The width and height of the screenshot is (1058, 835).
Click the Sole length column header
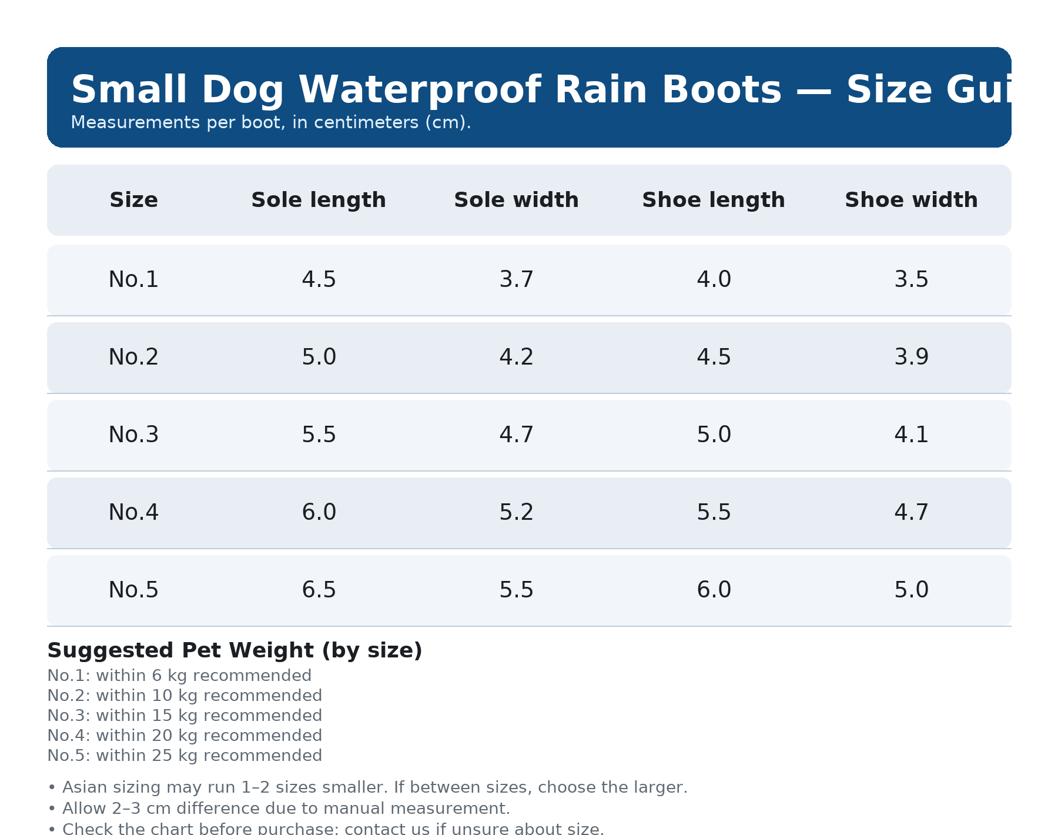[x=319, y=201]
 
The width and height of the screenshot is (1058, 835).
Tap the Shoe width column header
[x=911, y=201]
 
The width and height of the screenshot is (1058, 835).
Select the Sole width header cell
[x=516, y=201]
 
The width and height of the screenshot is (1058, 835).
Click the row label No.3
[x=133, y=435]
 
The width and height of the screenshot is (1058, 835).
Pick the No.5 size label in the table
[x=133, y=590]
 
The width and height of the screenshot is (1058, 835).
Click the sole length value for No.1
[x=319, y=280]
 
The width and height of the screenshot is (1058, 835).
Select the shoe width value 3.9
[x=911, y=358]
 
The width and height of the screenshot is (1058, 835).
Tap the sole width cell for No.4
[x=516, y=513]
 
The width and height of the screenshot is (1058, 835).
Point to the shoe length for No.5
[x=714, y=590]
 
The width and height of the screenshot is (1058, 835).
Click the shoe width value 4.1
[x=911, y=435]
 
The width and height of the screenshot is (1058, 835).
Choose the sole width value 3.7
[x=516, y=280]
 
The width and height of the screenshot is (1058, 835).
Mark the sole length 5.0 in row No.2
[x=319, y=358]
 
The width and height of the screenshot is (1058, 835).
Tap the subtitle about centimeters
[x=270, y=123]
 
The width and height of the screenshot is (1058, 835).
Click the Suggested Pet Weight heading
[x=235, y=651]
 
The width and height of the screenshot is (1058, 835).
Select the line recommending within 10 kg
[x=185, y=696]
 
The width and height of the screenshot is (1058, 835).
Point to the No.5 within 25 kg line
[x=185, y=756]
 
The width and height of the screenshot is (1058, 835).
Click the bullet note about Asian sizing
[x=367, y=787]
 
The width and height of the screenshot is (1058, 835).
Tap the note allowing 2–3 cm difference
[x=279, y=809]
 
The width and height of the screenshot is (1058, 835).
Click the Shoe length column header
[x=714, y=201]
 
